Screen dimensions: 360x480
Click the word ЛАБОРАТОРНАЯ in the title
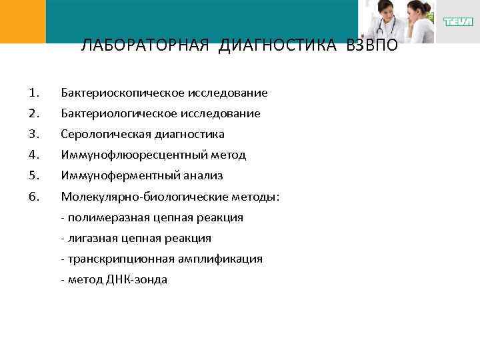tap(143, 46)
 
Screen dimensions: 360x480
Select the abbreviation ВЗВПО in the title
tap(371, 46)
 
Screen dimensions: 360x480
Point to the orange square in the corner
tap(23, 21)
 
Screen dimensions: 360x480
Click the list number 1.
tap(35, 93)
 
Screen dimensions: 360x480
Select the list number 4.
tap(35, 155)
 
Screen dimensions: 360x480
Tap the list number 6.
tap(35, 197)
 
